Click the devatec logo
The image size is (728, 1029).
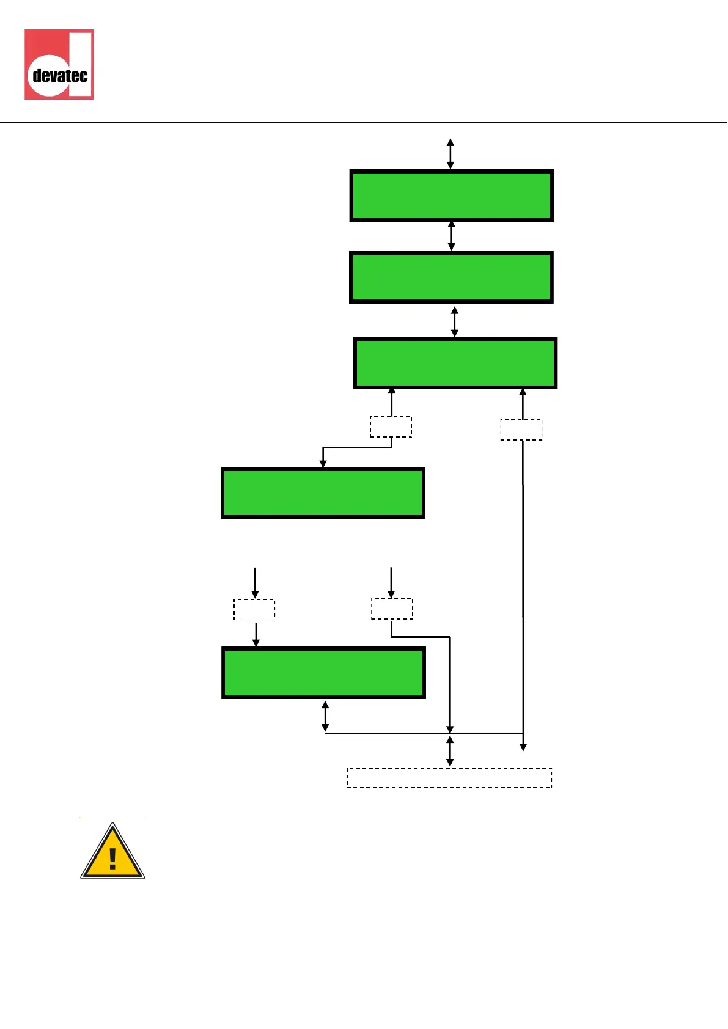click(59, 64)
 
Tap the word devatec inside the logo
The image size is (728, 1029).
click(60, 76)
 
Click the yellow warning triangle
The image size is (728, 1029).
click(112, 852)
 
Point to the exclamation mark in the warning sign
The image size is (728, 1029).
click(112, 859)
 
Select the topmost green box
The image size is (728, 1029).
click(451, 196)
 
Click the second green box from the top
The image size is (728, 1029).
click(451, 277)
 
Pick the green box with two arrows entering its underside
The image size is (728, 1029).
click(455, 363)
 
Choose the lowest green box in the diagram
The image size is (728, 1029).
click(323, 672)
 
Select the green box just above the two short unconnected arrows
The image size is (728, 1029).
click(323, 493)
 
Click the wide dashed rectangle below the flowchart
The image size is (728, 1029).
click(449, 778)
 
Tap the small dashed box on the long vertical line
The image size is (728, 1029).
click(521, 430)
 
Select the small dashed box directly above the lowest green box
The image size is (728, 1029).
click(254, 610)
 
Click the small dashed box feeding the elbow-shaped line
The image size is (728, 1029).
click(392, 609)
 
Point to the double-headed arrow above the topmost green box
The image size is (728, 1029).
click(450, 153)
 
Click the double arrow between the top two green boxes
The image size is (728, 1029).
click(452, 236)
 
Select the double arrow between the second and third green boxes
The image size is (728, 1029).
click(454, 321)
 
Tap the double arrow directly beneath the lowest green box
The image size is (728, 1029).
click(325, 716)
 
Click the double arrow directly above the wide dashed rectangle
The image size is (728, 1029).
click(450, 751)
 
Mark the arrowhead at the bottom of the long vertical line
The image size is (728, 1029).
click(523, 747)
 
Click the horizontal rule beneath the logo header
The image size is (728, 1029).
click(364, 122)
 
